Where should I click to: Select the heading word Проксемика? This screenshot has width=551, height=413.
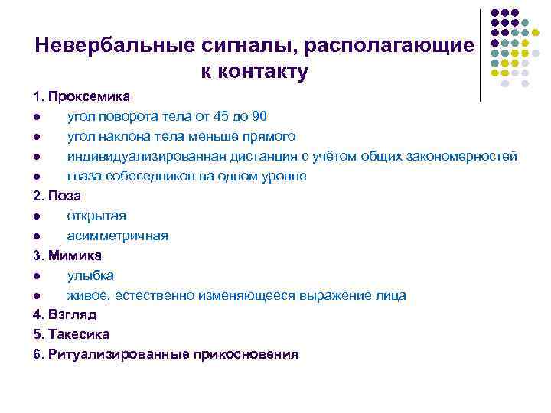click(89, 96)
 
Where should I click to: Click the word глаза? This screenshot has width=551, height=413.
click(83, 176)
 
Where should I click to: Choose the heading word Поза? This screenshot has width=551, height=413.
click(64, 196)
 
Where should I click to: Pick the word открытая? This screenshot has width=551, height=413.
click(96, 216)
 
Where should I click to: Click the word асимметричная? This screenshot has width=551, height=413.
click(117, 236)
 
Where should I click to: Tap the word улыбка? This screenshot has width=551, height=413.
click(90, 275)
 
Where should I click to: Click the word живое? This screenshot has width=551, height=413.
click(85, 295)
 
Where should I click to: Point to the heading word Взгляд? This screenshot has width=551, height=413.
click(72, 315)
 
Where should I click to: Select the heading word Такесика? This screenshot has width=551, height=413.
click(78, 335)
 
